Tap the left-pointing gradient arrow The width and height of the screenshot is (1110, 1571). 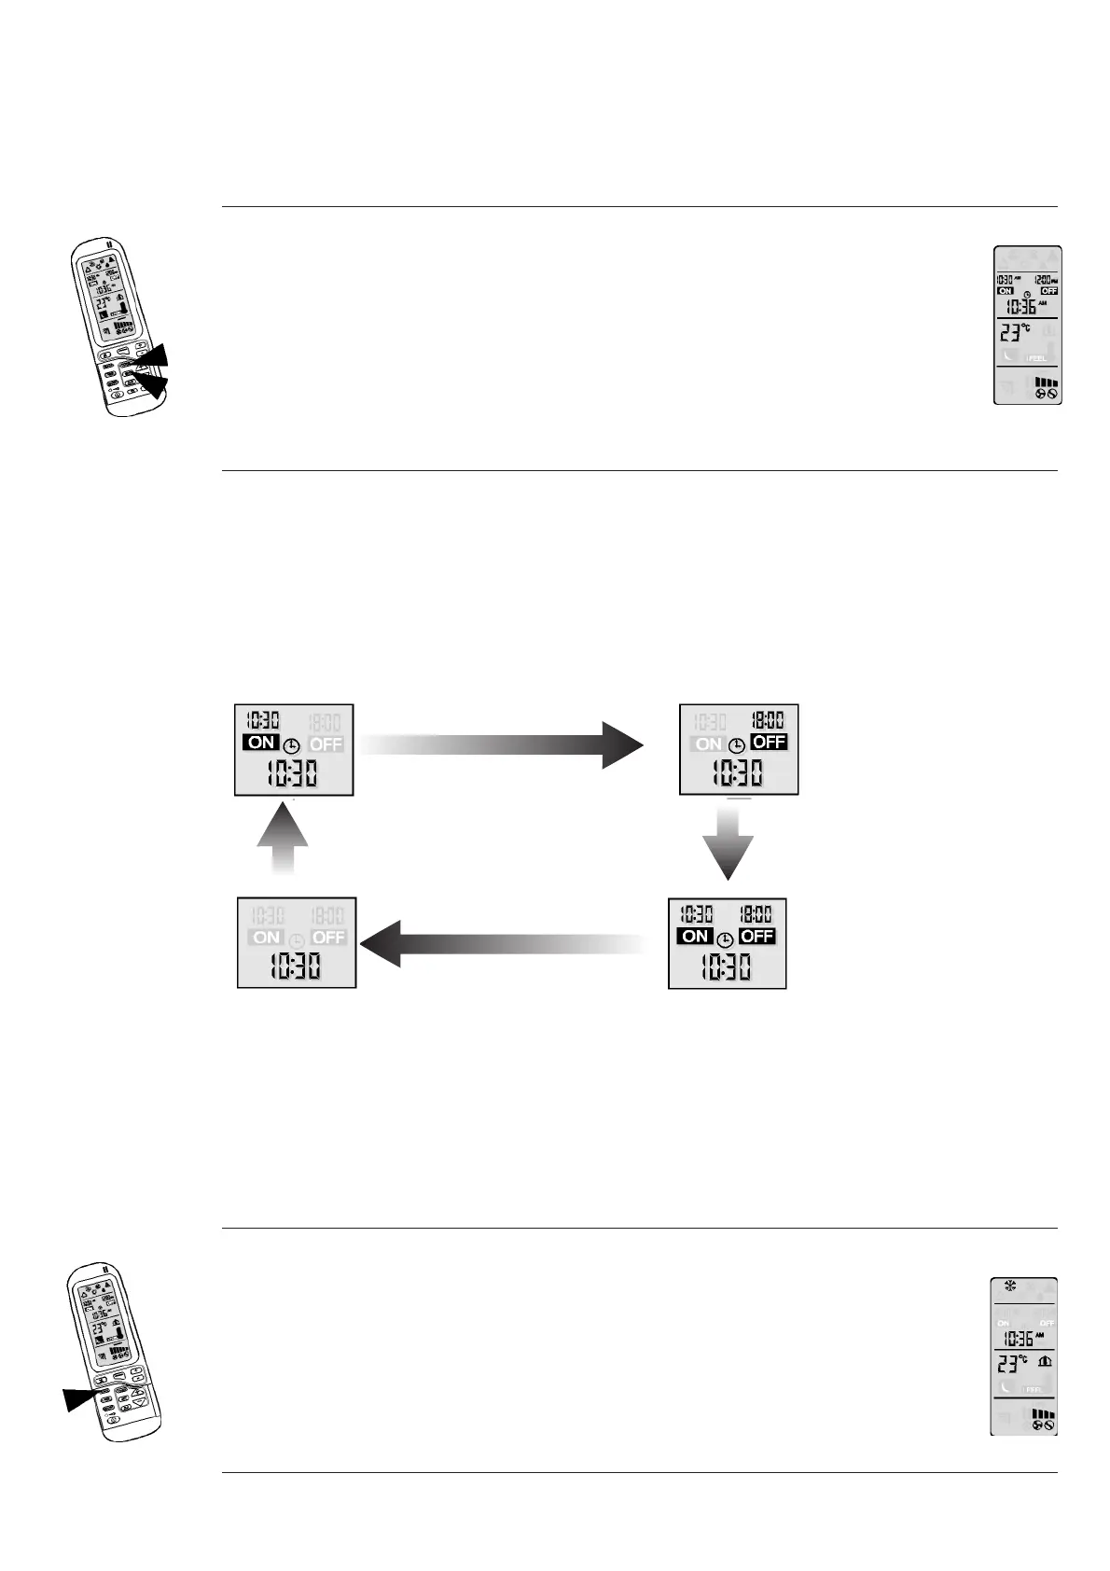(x=504, y=942)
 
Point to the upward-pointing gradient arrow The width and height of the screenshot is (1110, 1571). (x=282, y=839)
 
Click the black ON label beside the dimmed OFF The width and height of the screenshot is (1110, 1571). (x=261, y=743)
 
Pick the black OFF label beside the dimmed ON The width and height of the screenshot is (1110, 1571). (x=769, y=743)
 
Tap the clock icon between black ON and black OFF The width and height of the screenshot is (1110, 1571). (x=725, y=939)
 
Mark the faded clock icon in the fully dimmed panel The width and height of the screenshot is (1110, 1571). (x=297, y=940)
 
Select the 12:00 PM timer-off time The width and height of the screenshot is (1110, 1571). (x=1048, y=280)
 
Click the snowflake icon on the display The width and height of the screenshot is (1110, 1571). (x=1009, y=1286)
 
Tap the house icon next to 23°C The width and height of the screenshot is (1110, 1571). (x=1046, y=1362)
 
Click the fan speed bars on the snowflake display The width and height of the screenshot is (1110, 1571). (x=1045, y=1414)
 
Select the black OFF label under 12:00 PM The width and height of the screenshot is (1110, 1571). (x=1049, y=291)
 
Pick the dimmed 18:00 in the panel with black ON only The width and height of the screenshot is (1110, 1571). (x=326, y=721)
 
